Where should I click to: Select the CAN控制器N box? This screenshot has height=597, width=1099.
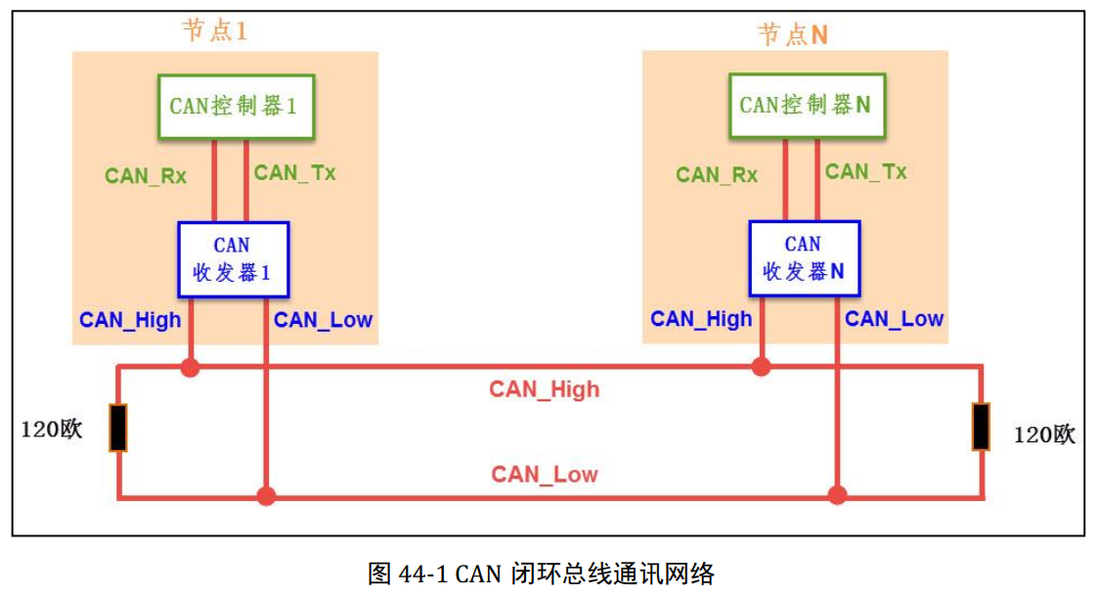(805, 106)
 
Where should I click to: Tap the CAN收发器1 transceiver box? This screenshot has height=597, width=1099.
(233, 259)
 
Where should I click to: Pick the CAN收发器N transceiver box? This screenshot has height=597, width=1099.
(804, 259)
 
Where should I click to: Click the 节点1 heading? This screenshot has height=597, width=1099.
(214, 30)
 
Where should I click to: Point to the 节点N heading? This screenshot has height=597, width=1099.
(793, 34)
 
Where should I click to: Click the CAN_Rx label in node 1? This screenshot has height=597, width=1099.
(146, 176)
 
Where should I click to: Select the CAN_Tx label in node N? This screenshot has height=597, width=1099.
(865, 172)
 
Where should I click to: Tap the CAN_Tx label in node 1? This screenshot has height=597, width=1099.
(294, 173)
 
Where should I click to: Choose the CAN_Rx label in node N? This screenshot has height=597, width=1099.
(717, 175)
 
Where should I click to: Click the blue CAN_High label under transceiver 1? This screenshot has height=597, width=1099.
(130, 320)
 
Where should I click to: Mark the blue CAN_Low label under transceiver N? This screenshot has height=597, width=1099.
(894, 319)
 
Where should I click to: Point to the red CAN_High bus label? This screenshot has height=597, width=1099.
(544, 390)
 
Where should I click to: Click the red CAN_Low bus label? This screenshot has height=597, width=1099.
(544, 475)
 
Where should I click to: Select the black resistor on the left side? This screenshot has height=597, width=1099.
(118, 428)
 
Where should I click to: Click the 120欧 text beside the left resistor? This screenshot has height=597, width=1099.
(52, 431)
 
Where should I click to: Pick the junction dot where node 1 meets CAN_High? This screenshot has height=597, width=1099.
(190, 369)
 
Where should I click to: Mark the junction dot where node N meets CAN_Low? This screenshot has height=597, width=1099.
(837, 495)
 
